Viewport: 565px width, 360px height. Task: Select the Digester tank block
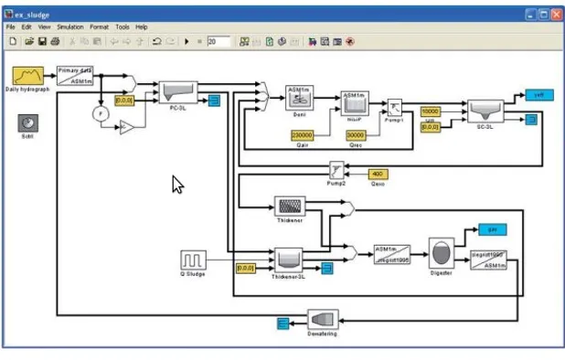coord(442,254)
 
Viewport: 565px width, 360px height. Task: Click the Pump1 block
coord(395,108)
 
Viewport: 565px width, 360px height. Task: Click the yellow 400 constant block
coord(378,173)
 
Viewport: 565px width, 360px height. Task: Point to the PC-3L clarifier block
coord(178,92)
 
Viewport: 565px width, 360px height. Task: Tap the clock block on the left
coord(28,123)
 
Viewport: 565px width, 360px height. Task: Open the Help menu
coord(141,27)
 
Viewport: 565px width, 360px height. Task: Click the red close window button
coord(555,13)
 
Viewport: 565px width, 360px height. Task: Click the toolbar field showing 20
coord(217,41)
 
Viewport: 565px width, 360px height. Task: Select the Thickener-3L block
coord(288,260)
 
